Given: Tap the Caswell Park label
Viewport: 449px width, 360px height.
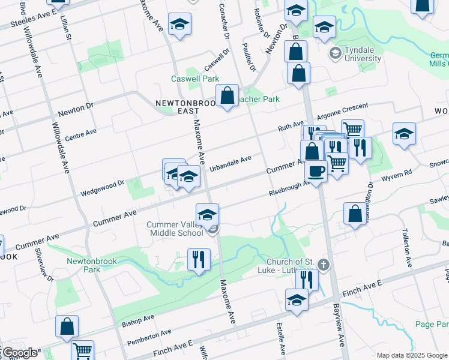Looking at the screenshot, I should coord(195,79).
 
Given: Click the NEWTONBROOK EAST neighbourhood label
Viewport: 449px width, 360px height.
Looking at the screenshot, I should coord(181,106).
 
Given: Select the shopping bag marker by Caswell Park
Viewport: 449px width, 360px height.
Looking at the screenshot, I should coord(228,95).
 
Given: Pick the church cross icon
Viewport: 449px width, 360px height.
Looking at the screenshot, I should coord(324,264).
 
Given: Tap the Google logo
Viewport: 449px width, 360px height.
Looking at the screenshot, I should coord(19,352).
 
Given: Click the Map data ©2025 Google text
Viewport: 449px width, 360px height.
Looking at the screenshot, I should coord(412,355).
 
